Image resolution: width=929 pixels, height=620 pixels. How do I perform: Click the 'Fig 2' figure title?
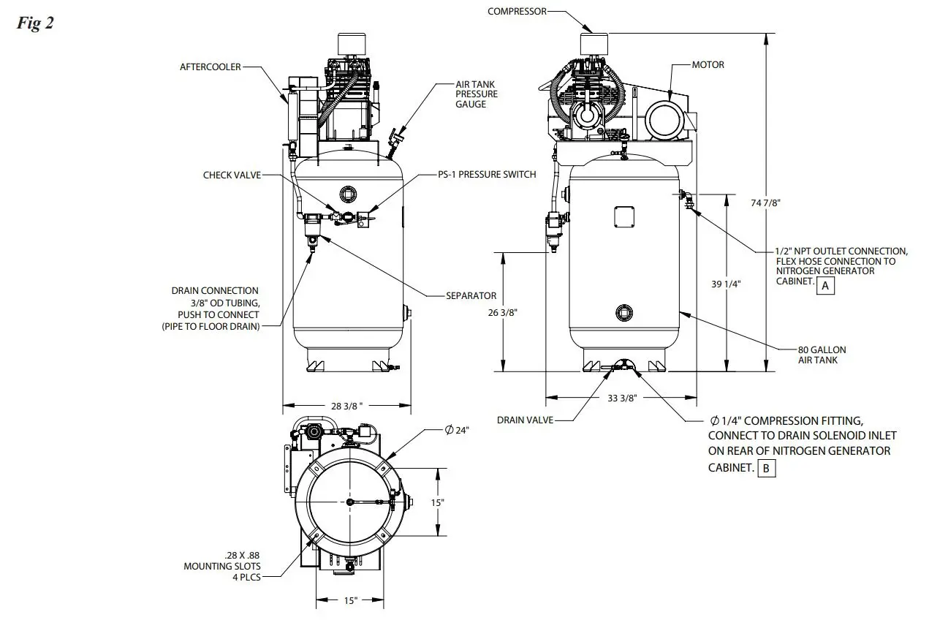(34, 23)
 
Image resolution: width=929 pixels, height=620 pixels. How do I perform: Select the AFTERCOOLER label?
(211, 67)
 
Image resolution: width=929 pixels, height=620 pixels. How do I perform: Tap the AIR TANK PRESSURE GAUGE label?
(476, 94)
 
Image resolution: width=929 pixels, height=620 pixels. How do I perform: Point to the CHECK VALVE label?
(232, 175)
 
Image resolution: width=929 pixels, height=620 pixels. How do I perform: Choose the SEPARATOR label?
(471, 296)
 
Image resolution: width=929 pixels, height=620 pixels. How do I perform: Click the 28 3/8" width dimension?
(346, 406)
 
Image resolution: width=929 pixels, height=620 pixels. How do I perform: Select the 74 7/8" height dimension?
(765, 203)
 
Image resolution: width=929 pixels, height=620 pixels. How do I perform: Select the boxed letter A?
(825, 286)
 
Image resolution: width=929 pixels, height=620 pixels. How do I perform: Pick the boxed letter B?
(766, 468)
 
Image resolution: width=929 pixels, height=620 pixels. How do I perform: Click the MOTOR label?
(708, 65)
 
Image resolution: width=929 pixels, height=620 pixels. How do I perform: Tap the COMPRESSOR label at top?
(517, 11)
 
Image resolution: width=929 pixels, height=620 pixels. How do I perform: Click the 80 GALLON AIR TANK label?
(822, 355)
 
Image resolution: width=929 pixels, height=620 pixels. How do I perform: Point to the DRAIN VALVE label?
(525, 420)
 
